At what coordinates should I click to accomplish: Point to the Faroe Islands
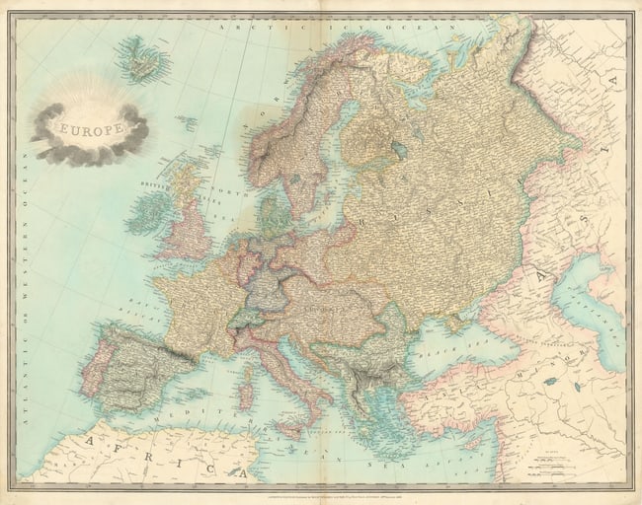[186, 123]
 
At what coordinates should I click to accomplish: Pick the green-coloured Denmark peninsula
[270, 208]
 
